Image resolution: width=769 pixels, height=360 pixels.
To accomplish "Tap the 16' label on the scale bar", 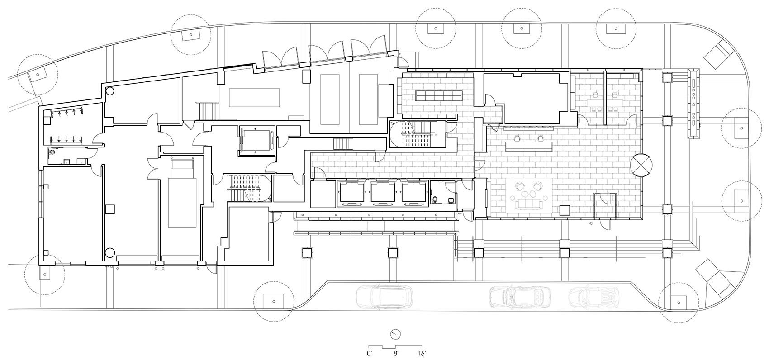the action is click(x=422, y=354).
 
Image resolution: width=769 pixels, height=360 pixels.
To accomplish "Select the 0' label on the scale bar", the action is click(x=369, y=354).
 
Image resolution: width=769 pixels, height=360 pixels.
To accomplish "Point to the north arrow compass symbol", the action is click(x=395, y=334).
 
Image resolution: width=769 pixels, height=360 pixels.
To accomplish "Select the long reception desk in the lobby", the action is click(x=529, y=147).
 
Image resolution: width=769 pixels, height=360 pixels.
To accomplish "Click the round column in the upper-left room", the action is click(x=110, y=91).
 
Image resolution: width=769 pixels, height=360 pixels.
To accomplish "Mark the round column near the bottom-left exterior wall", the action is click(x=110, y=253).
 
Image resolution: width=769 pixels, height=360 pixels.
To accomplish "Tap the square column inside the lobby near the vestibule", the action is click(x=565, y=210).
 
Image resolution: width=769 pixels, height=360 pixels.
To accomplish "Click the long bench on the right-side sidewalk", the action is click(x=693, y=103).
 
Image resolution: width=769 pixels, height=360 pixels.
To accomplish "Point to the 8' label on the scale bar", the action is click(x=395, y=354).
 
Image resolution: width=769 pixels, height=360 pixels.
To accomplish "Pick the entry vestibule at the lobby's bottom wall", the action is click(x=605, y=206).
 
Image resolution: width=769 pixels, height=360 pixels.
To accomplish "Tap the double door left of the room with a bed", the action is click(x=153, y=169).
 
